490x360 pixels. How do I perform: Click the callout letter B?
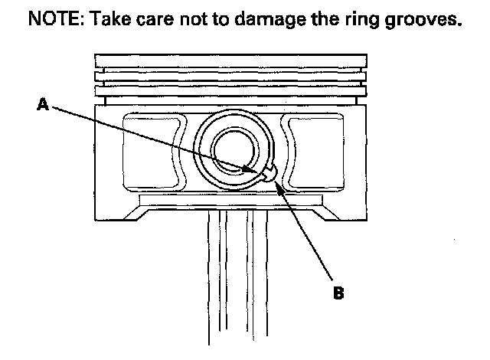click(338, 292)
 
